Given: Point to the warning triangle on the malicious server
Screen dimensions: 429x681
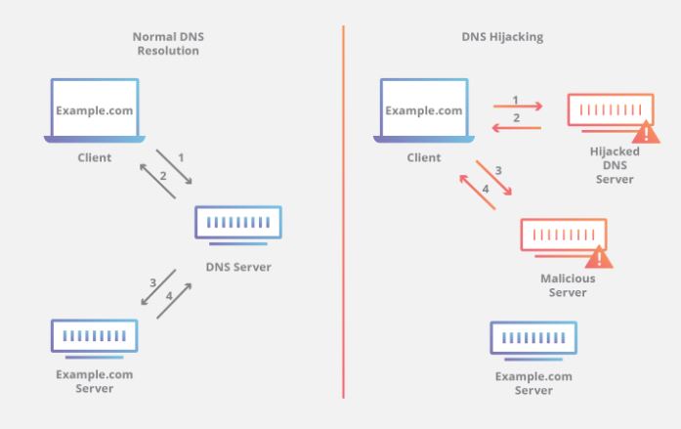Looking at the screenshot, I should (x=598, y=257).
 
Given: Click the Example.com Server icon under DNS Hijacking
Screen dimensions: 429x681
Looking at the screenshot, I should (x=532, y=338).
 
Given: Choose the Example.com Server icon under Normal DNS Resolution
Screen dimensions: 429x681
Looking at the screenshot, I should (x=95, y=337).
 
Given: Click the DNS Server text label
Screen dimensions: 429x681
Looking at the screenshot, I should (x=238, y=268).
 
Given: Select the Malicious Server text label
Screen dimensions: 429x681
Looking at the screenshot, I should (x=568, y=285).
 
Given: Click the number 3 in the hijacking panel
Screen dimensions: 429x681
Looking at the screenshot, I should (x=498, y=171).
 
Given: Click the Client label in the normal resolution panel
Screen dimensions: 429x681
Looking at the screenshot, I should (x=95, y=157).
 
